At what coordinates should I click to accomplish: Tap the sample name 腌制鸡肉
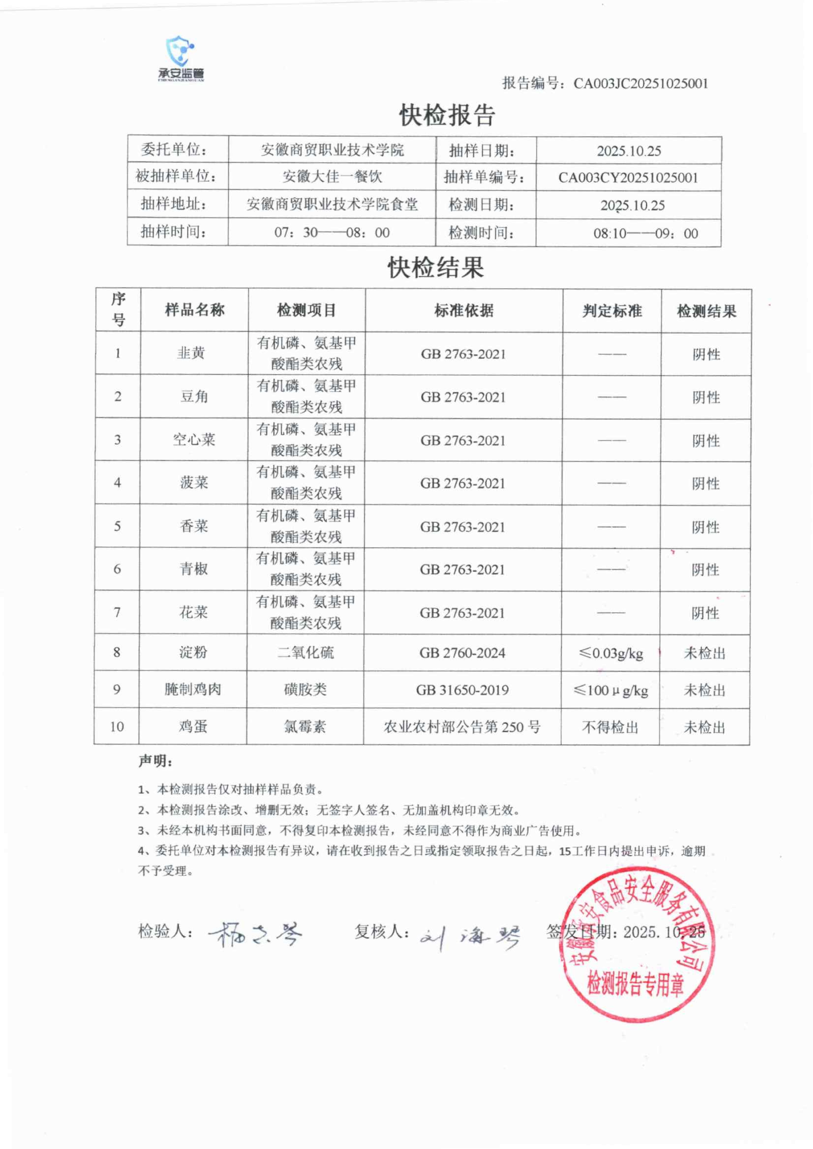click(x=193, y=689)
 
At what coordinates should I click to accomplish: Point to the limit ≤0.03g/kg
click(x=611, y=653)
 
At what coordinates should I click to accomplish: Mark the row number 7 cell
click(x=117, y=612)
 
